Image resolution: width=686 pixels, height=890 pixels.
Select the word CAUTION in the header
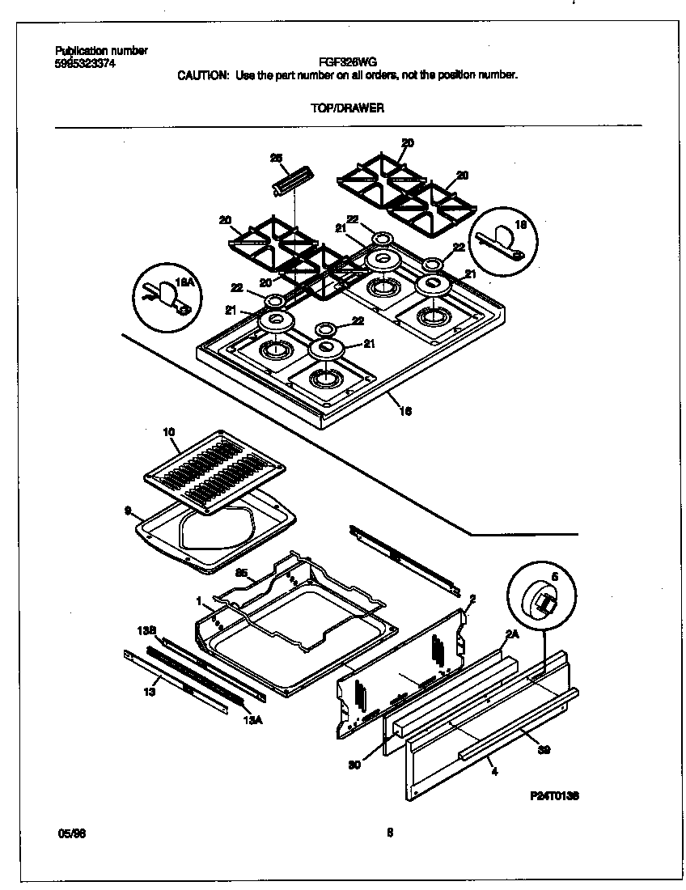(x=203, y=74)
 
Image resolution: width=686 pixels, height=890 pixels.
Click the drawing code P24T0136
(x=553, y=795)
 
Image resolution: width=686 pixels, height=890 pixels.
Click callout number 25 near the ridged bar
(x=274, y=158)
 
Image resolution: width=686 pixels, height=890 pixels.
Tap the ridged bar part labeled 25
(x=292, y=180)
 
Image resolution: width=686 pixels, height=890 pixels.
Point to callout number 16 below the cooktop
(x=405, y=411)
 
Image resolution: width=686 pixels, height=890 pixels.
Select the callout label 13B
(x=146, y=629)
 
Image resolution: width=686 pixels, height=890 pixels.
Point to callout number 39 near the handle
(x=544, y=750)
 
